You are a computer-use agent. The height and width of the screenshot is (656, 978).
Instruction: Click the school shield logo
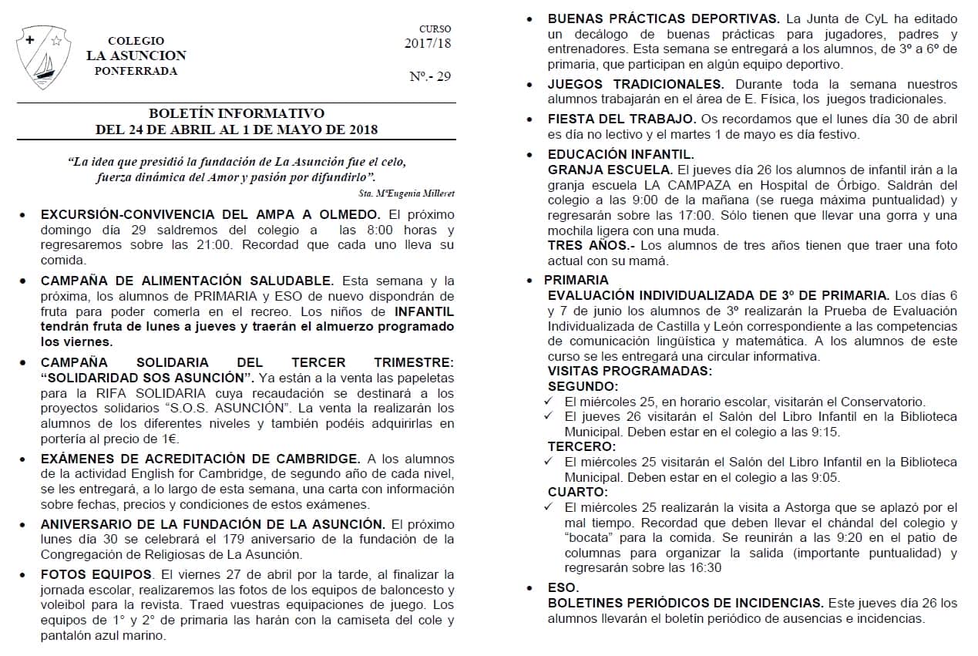(44, 56)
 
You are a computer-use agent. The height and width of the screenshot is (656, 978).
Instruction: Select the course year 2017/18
(428, 43)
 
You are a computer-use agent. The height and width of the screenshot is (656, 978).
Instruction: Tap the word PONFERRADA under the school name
(136, 71)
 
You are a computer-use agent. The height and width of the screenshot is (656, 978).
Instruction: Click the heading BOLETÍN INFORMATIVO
(237, 113)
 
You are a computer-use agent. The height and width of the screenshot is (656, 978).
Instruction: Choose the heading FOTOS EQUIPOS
(97, 574)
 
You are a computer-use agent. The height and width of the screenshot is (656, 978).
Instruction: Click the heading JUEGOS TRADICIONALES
(635, 84)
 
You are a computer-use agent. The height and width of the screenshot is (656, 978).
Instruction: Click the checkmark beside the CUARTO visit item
(548, 506)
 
